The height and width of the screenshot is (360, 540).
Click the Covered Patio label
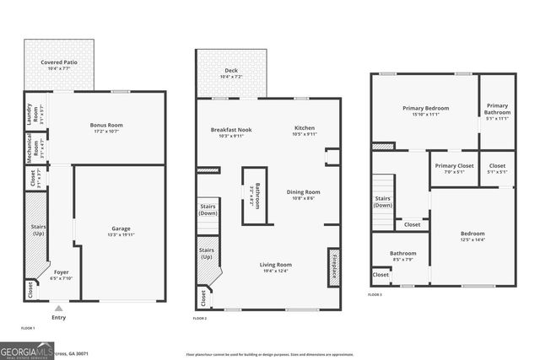[58, 64]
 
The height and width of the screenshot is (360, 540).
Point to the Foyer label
[62, 275]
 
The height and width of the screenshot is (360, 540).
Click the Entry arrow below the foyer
[58, 309]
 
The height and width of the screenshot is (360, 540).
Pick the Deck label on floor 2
[231, 73]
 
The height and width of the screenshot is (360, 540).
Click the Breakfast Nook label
[230, 132]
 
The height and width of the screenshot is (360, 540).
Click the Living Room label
[276, 267]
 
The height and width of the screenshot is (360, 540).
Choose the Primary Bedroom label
[425, 110]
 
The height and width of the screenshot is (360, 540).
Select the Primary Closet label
[454, 169]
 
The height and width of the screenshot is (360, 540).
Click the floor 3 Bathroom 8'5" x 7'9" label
[402, 256]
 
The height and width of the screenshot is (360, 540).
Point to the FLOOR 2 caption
[199, 319]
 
